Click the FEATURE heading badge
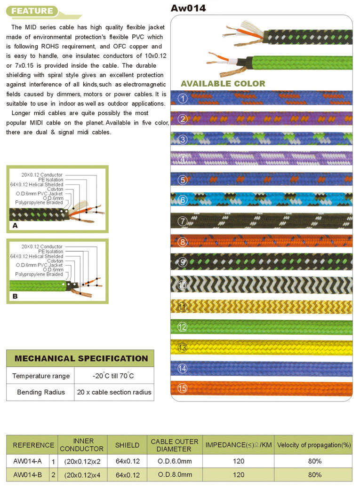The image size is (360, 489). click(32, 11)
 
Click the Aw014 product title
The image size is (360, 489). click(188, 8)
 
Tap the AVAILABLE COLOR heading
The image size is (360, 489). click(223, 84)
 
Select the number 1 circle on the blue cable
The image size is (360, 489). click(183, 99)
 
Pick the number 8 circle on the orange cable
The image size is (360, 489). click(183, 243)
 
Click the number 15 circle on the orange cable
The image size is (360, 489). click(183, 388)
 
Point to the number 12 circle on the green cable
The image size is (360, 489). click(183, 327)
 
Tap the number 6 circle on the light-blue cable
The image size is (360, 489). click(183, 200)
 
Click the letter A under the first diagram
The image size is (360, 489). click(15, 226)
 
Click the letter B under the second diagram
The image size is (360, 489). click(15, 297)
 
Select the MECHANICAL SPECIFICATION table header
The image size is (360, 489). click(81, 358)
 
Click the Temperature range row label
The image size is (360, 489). click(41, 376)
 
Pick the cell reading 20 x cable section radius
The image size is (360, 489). click(114, 392)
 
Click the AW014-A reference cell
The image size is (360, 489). click(28, 461)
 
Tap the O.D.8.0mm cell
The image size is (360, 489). click(174, 474)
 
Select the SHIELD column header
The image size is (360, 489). click(127, 445)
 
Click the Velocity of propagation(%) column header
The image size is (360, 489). click(314, 445)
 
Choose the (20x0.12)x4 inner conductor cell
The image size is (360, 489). click(82, 475)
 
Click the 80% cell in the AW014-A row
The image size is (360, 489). click(315, 461)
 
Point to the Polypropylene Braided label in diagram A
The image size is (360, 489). click(39, 202)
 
